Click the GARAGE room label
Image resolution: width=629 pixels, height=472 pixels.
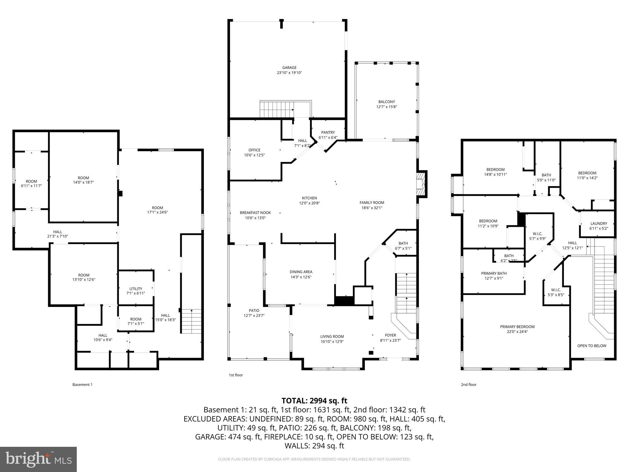coord(289,68)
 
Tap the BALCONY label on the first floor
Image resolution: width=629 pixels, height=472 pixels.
coord(386,102)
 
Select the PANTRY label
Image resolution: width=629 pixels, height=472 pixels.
coord(328,132)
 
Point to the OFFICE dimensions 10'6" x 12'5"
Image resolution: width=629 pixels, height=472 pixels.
coord(254,155)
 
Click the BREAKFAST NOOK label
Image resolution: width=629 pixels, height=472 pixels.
coord(255,213)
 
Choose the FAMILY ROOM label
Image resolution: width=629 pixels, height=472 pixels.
coord(372,203)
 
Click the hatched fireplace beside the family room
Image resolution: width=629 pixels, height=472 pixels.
coord(420,184)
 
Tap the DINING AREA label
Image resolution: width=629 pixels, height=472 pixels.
coord(301,272)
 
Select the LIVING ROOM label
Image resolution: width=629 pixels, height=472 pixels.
coord(332,336)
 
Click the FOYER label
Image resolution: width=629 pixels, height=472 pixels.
coord(390,335)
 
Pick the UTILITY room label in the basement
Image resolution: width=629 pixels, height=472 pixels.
coord(135,289)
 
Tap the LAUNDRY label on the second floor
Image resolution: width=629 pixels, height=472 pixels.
coord(598,223)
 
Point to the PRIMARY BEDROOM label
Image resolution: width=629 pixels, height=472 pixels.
coord(517,327)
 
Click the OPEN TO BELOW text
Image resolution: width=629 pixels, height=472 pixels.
coord(592,346)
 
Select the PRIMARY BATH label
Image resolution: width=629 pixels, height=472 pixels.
coord(494,273)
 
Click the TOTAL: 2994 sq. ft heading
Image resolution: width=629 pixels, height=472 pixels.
coord(314,401)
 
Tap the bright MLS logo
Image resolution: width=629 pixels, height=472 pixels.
coord(38,459)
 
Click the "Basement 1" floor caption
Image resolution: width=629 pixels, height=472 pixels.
coord(82,384)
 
